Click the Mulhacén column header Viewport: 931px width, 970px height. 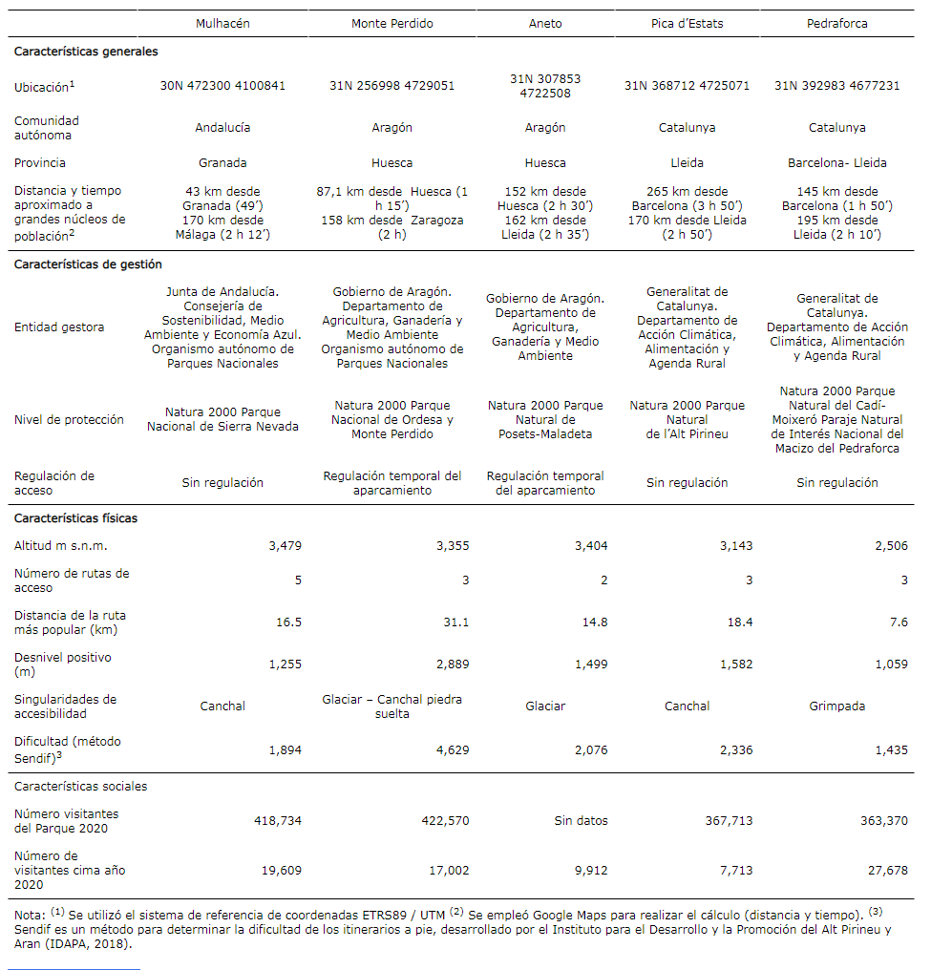pyautogui.click(x=222, y=24)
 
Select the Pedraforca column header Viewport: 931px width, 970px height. pyautogui.click(x=836, y=24)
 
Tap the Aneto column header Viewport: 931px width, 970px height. pyautogui.click(x=545, y=24)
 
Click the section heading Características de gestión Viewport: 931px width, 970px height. pyautogui.click(x=88, y=264)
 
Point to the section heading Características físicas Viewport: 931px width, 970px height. pyautogui.click(x=75, y=518)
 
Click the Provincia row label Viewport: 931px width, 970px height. pyautogui.click(x=40, y=163)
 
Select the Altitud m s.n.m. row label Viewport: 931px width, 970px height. pyautogui.click(x=61, y=546)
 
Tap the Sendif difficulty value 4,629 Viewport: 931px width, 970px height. pyautogui.click(x=452, y=750)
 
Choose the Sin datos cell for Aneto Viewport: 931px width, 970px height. pyautogui.click(x=581, y=821)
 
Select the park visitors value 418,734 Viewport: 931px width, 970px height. pyautogui.click(x=278, y=821)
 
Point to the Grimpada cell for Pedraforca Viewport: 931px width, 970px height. pyautogui.click(x=836, y=706)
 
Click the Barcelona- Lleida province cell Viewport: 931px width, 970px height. pyautogui.click(x=836, y=163)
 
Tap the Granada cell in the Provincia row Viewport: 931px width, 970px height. pyautogui.click(x=222, y=163)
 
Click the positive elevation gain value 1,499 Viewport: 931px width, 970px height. pyautogui.click(x=591, y=664)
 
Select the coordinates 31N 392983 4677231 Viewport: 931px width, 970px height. pyautogui.click(x=836, y=86)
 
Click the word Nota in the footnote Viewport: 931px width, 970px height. pyautogui.click(x=29, y=916)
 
